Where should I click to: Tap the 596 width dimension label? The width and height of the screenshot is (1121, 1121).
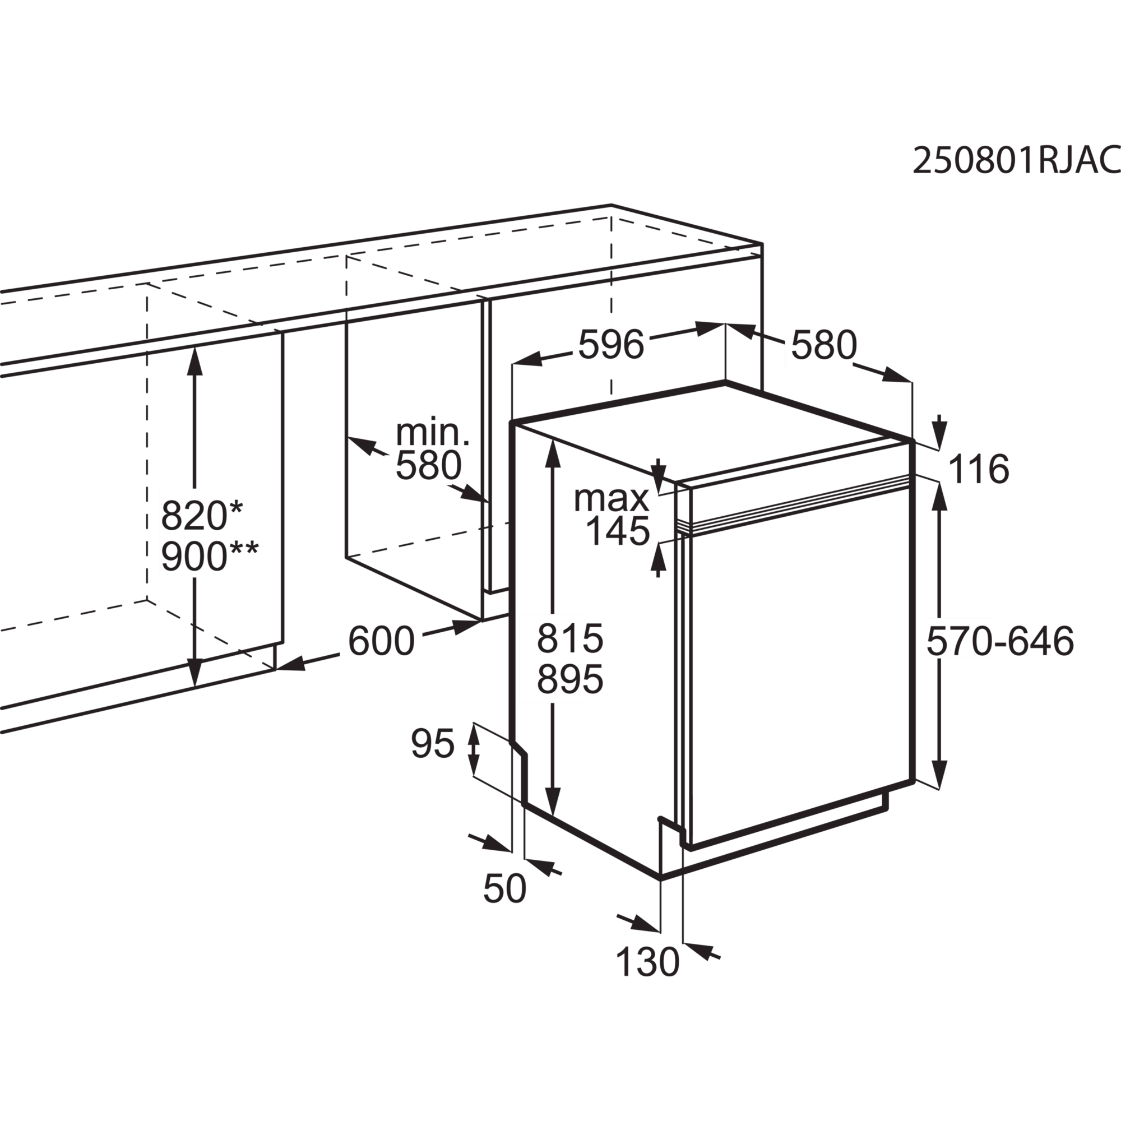click(611, 345)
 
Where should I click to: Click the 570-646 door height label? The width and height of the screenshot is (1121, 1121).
click(1000, 642)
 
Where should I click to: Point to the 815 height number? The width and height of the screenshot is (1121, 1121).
click(570, 638)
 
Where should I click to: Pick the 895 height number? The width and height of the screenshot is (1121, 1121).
click(570, 679)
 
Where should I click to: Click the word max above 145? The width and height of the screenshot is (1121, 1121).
click(611, 498)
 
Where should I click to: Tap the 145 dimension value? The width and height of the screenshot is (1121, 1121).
click(617, 531)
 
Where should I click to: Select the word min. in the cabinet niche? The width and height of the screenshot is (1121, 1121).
click(433, 432)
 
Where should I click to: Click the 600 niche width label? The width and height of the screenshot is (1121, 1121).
click(381, 641)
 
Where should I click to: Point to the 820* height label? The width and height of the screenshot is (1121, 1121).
click(202, 515)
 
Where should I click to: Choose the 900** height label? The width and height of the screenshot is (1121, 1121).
click(210, 557)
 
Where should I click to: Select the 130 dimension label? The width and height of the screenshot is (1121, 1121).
click(647, 961)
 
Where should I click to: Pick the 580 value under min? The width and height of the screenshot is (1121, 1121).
click(428, 465)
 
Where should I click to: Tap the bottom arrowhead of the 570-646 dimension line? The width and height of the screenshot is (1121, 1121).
click(940, 773)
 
